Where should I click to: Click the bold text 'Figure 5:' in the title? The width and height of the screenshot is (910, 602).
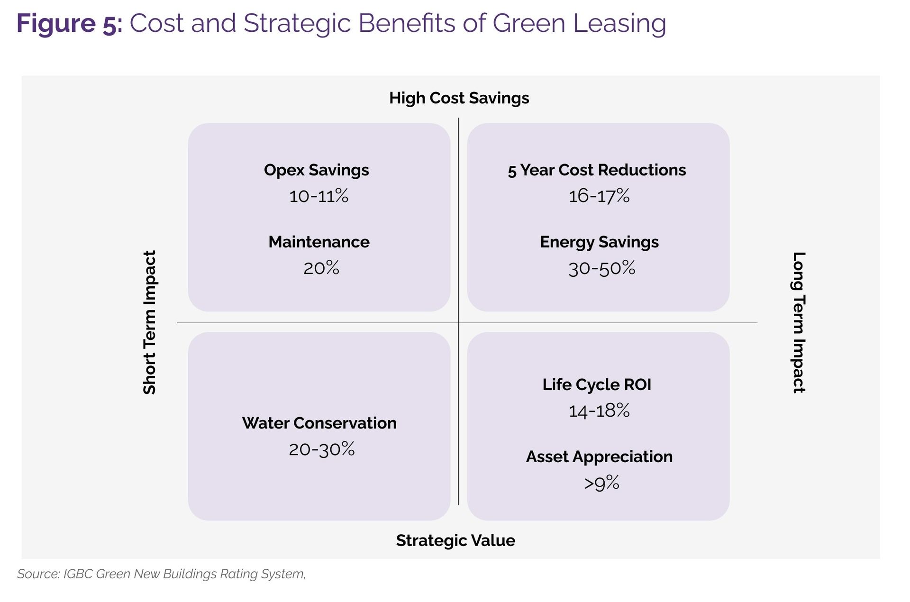[69, 24]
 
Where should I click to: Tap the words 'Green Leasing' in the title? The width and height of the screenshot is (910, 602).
[579, 24]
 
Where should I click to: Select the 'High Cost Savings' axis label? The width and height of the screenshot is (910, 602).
[459, 98]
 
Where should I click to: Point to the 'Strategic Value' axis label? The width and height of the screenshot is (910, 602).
[455, 540]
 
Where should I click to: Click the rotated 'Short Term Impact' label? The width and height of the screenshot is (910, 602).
[150, 322]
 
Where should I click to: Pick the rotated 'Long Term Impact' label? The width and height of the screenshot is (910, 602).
[799, 322]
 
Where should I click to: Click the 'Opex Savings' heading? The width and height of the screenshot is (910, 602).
[316, 170]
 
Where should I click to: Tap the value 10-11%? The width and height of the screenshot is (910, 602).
[318, 196]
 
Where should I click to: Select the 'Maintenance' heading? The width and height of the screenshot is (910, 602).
[318, 242]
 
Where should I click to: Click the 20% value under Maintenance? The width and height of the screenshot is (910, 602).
[321, 268]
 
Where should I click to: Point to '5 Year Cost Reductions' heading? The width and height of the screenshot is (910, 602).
[597, 170]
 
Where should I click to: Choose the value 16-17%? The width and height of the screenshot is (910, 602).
[599, 196]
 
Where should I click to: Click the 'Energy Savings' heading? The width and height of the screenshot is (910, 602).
[599, 242]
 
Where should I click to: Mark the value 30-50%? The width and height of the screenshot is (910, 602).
[601, 268]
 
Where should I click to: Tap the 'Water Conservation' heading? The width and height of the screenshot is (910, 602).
[319, 423]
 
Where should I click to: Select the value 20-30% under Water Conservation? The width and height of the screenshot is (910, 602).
[321, 449]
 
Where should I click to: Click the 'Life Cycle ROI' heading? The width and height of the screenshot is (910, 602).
[597, 385]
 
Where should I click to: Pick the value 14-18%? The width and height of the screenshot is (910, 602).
[599, 410]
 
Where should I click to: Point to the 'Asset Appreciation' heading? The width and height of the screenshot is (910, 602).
[599, 457]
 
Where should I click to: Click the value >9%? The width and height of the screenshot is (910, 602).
[601, 483]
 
